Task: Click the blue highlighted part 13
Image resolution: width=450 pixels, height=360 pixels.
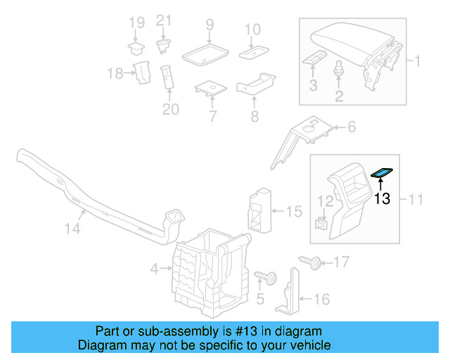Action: pos(382,172)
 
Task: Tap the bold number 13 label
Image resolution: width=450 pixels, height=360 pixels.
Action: pos(382,199)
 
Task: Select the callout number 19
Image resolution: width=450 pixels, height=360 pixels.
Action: pos(136,24)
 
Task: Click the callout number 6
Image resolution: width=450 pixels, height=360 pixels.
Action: pos(352,127)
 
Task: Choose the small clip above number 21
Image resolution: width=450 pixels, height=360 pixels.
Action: pos(163,46)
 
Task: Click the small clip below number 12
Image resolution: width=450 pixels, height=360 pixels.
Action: pos(321,224)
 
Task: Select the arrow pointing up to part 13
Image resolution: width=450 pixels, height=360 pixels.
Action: pos(381,184)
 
